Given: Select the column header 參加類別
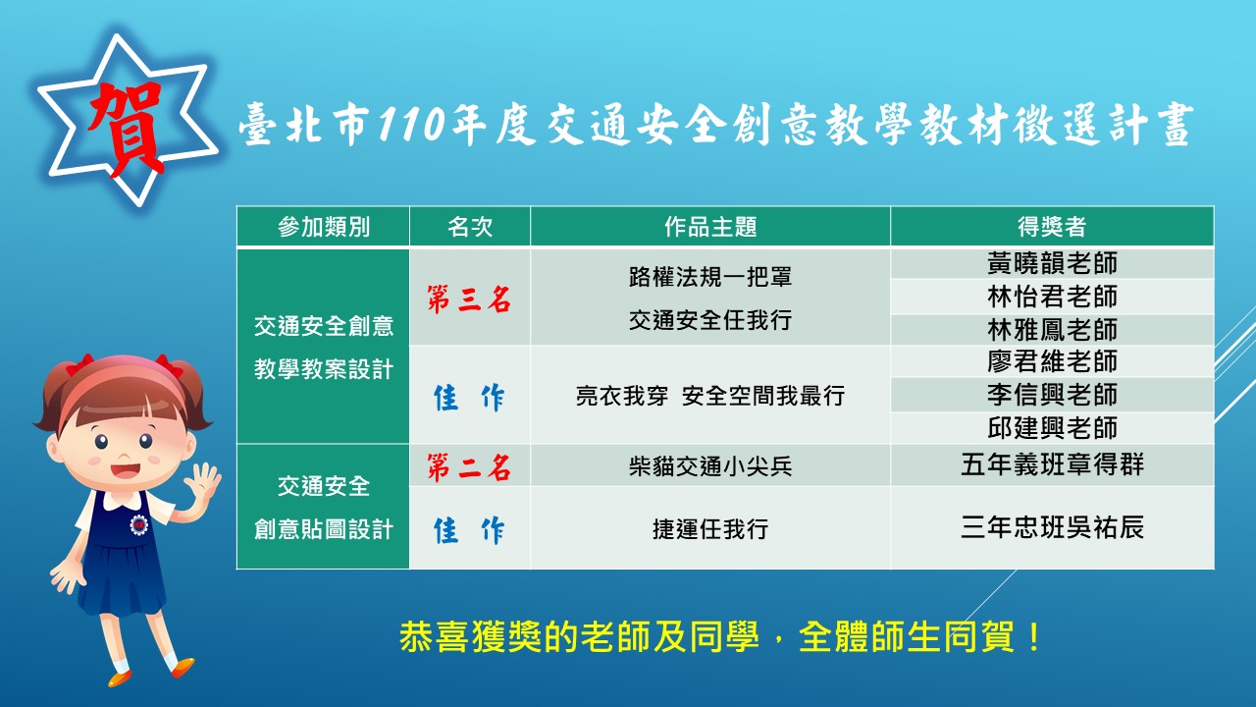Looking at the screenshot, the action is click(324, 227).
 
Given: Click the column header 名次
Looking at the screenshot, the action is click(470, 227).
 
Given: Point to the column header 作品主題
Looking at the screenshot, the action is click(710, 227).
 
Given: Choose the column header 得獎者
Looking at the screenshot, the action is click(1052, 227).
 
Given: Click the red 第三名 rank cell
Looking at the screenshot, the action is click(469, 299).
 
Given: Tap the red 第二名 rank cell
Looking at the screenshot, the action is click(469, 467).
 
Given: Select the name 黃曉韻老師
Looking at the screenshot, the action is click(1053, 263).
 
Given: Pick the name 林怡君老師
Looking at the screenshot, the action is click(1053, 297).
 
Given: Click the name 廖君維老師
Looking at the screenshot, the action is click(1053, 361).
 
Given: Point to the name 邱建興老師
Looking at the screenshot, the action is click(1053, 428).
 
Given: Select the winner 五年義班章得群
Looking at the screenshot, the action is click(1053, 464).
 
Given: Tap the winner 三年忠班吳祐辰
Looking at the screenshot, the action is click(1053, 527).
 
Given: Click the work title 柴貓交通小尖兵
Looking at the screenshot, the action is click(710, 466).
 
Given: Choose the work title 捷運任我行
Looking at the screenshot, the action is click(710, 529).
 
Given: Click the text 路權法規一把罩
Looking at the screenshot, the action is click(710, 277).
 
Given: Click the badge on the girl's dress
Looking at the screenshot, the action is click(138, 524).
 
